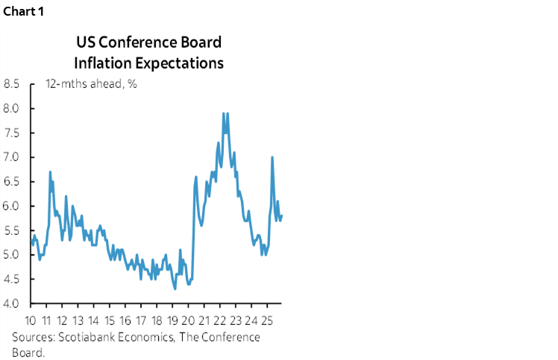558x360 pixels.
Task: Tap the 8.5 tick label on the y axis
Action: (x=12, y=84)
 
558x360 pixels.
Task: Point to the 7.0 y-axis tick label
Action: (x=12, y=157)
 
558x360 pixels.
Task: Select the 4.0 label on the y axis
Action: (x=12, y=303)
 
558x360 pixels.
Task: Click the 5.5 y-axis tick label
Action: (x=12, y=230)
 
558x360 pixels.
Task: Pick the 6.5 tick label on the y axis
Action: (x=12, y=182)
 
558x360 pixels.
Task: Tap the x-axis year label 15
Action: (x=110, y=321)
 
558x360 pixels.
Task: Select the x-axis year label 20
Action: (x=187, y=321)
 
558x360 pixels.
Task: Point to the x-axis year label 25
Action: (x=265, y=321)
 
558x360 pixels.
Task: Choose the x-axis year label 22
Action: (x=219, y=321)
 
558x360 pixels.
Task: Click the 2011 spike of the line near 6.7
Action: (x=50, y=172)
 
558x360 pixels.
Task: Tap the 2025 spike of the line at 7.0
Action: (x=272, y=157)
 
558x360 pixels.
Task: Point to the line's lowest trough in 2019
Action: (x=175, y=288)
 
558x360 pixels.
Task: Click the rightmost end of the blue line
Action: (x=282, y=215)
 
